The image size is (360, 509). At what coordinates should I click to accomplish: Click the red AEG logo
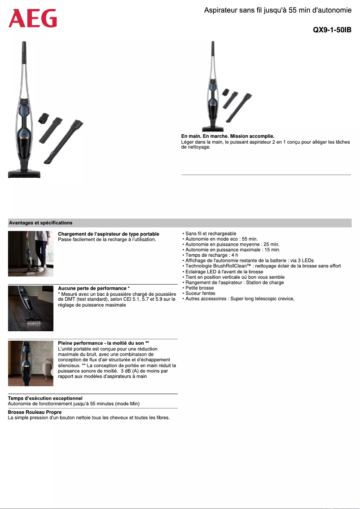[x=33, y=19]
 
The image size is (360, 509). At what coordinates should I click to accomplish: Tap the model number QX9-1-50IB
[x=332, y=30]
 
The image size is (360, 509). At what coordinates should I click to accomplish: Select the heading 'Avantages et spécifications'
[x=40, y=223]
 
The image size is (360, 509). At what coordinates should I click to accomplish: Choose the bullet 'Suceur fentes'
[x=200, y=293]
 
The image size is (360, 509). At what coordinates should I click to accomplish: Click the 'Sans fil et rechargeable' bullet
[x=211, y=234]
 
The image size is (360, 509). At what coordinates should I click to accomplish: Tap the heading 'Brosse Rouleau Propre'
[x=35, y=412]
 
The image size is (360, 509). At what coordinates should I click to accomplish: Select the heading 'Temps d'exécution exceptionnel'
[x=45, y=398]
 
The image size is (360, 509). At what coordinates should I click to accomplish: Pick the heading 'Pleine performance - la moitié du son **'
[x=103, y=343]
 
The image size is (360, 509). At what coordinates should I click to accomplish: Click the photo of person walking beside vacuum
[x=31, y=254]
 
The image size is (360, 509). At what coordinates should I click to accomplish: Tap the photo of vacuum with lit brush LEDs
[x=31, y=308]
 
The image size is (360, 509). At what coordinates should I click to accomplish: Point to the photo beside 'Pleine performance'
[x=31, y=363]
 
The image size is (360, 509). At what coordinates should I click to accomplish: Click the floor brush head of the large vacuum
[x=24, y=174]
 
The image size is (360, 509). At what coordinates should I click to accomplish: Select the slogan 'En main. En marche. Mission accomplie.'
[x=228, y=136]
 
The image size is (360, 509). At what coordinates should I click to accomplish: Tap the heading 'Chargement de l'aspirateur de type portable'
[x=109, y=234]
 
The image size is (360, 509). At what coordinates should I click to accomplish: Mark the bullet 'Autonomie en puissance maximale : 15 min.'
[x=233, y=250]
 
